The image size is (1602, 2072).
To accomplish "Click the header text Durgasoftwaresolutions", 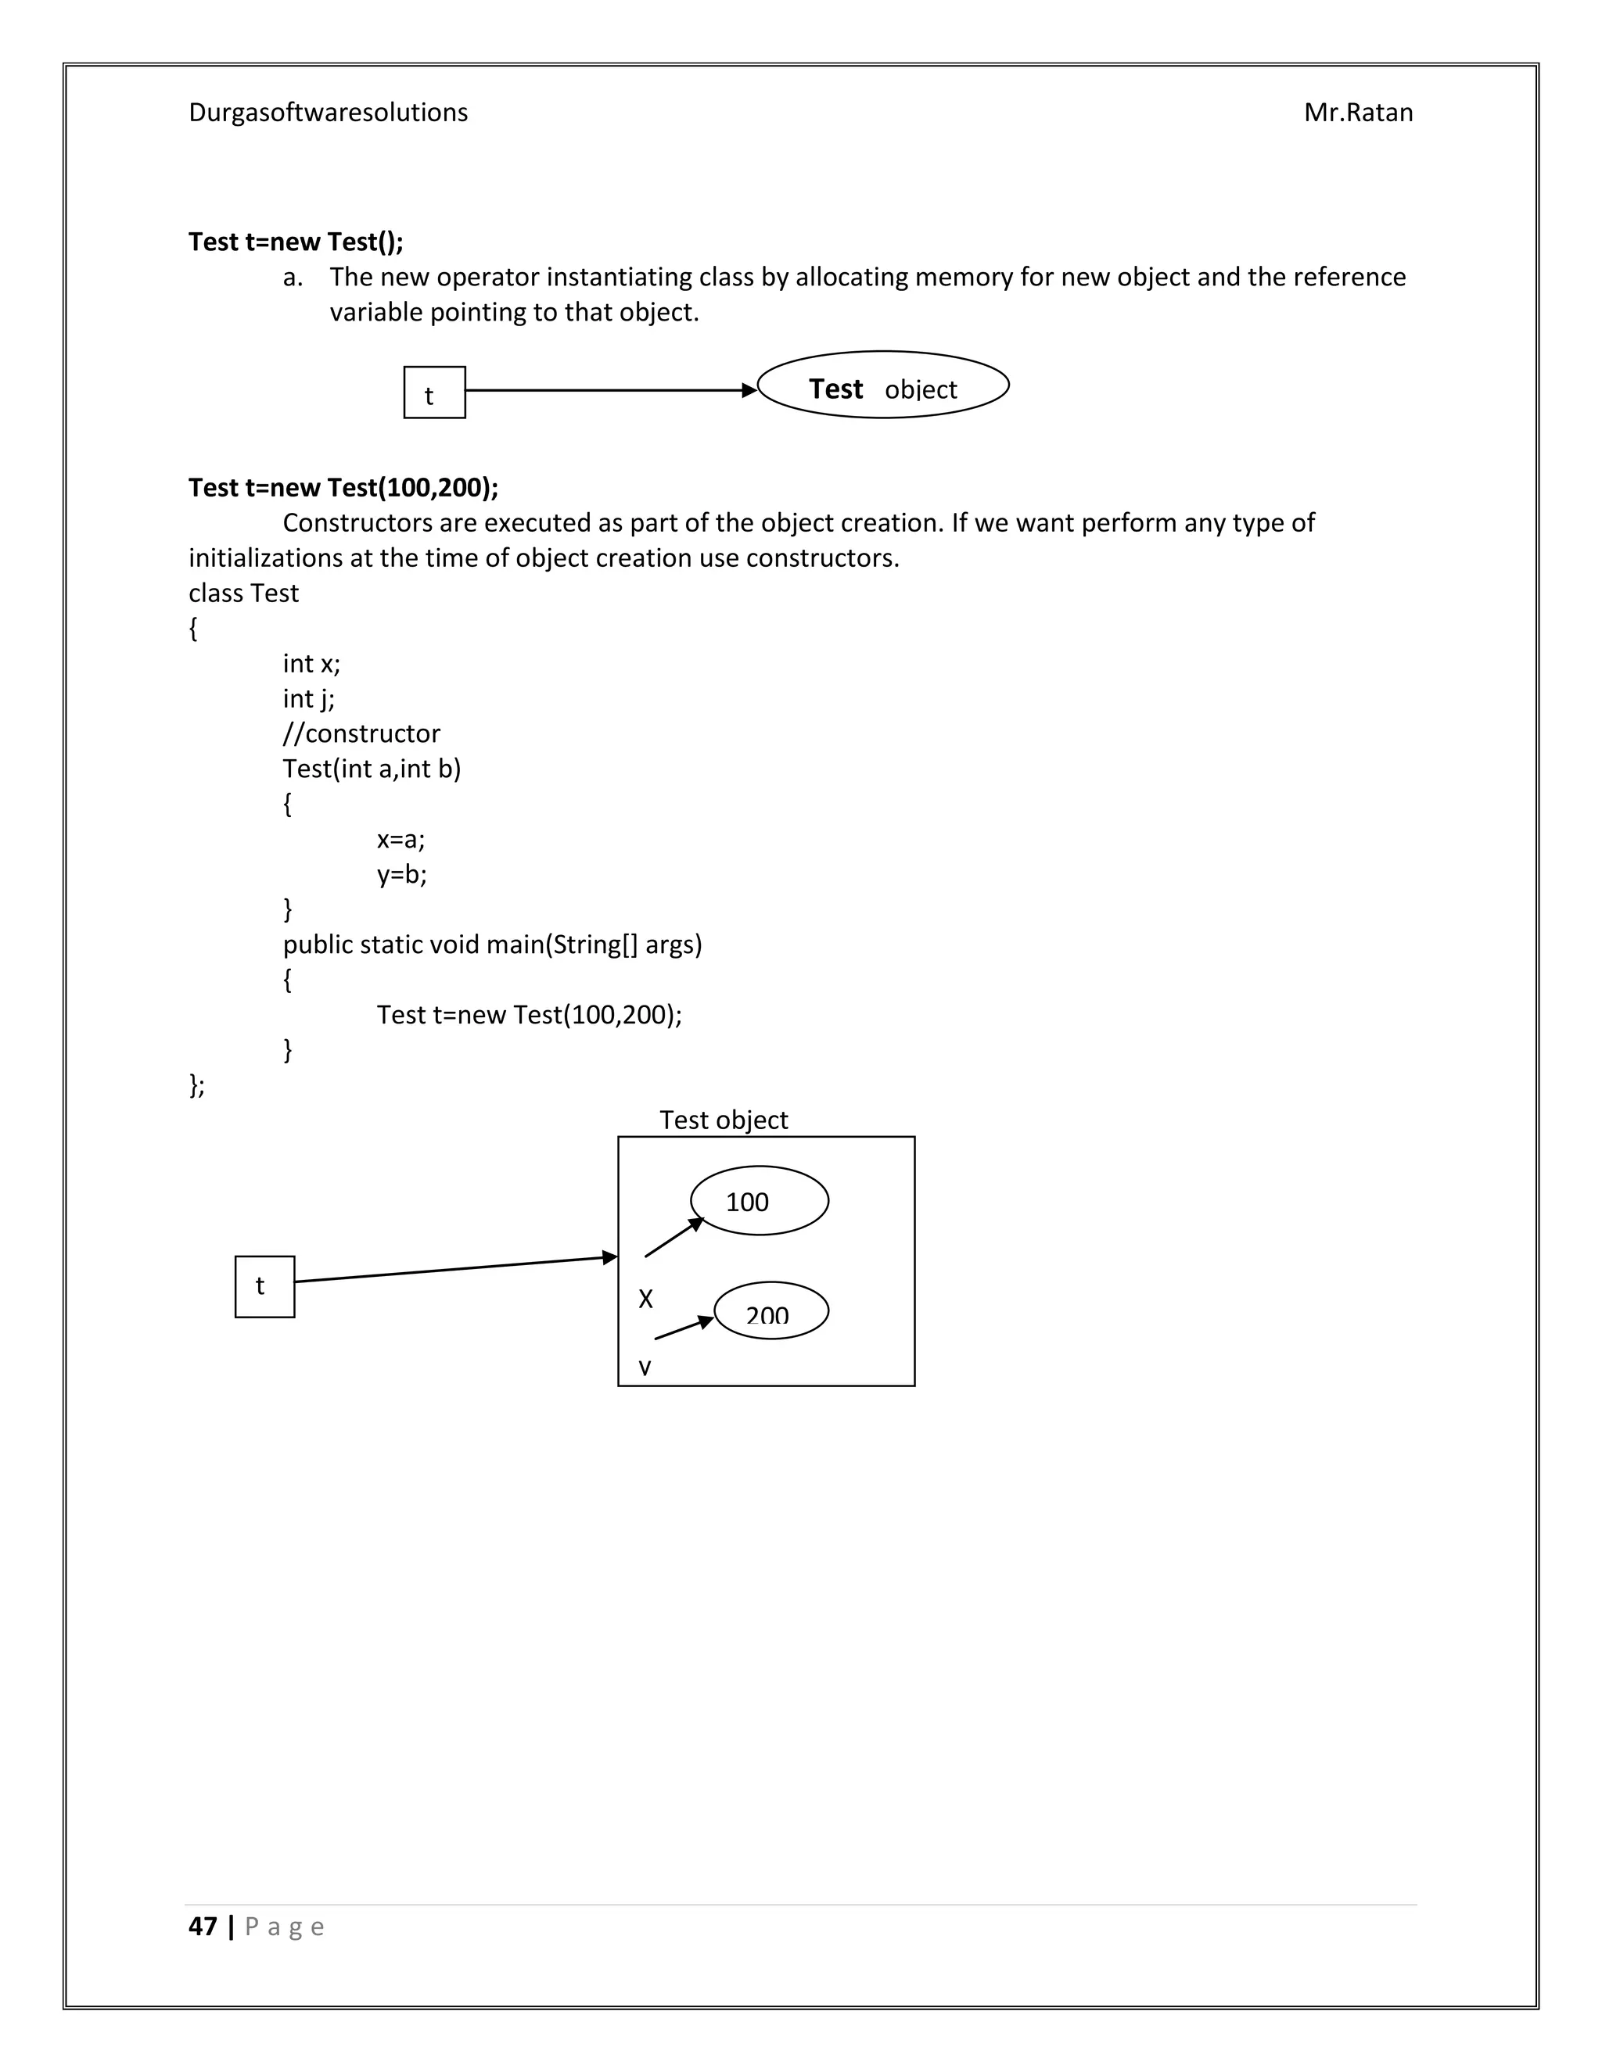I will coord(328,113).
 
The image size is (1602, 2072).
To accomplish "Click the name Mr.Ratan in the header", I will coord(1357,113).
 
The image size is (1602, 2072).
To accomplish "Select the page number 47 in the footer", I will coord(202,1926).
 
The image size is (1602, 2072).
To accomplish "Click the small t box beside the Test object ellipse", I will coord(433,393).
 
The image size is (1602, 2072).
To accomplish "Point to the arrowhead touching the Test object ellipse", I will coord(749,390).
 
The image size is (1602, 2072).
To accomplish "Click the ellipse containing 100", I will coord(760,1200).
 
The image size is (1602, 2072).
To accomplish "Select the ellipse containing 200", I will coord(770,1310).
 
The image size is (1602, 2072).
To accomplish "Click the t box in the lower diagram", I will coord(265,1286).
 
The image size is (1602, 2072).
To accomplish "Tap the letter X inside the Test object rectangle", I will coord(645,1299).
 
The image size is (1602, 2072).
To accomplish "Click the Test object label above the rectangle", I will coord(724,1120).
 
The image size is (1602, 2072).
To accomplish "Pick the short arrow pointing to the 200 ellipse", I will coord(684,1328).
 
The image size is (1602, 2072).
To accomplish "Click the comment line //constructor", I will coord(361,733).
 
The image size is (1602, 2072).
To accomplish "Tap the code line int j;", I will coord(308,698).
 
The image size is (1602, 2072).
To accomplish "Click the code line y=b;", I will coord(401,874).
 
